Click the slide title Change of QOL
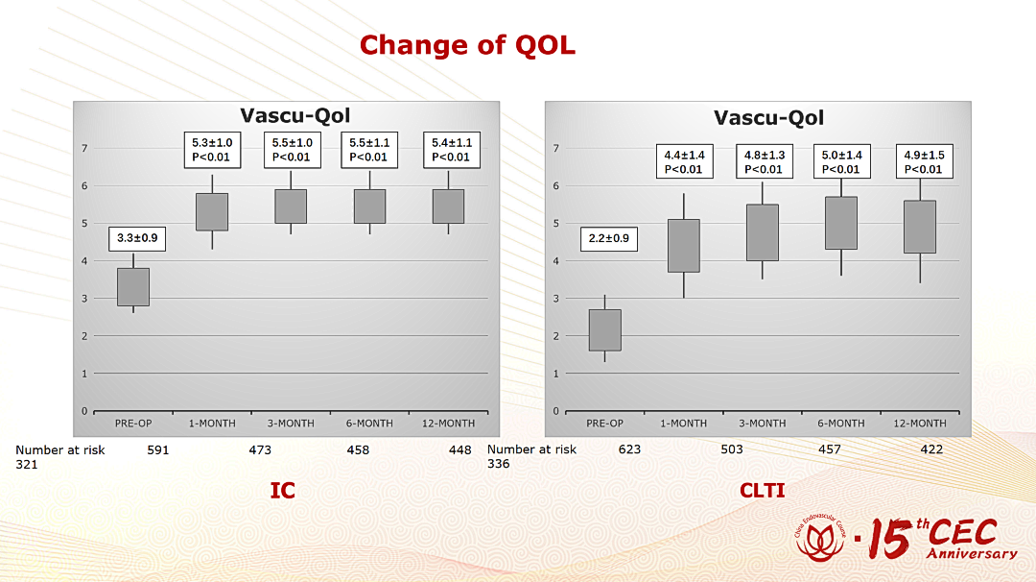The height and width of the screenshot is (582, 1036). click(467, 45)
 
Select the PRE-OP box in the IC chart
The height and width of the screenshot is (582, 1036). click(133, 287)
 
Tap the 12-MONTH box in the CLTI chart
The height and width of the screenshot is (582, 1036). click(920, 227)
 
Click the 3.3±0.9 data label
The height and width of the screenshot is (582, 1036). click(137, 238)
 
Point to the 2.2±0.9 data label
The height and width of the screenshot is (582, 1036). click(609, 238)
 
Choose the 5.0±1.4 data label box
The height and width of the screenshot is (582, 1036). click(842, 162)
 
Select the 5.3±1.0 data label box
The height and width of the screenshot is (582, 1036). click(212, 150)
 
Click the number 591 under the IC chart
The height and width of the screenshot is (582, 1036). click(158, 449)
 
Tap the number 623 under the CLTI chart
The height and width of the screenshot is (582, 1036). click(629, 449)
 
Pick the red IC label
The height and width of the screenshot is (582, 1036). click(283, 490)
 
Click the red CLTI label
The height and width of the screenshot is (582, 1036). click(763, 490)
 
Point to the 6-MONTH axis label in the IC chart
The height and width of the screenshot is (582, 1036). click(369, 424)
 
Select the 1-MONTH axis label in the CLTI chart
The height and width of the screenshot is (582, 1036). click(684, 424)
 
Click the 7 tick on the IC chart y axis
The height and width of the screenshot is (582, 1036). click(84, 148)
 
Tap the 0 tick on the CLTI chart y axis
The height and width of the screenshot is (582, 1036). click(556, 411)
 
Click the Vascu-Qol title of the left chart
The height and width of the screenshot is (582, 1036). click(294, 116)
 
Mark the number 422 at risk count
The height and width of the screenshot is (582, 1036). click(931, 449)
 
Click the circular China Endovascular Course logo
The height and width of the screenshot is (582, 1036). click(820, 538)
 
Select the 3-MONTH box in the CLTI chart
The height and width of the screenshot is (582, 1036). click(763, 232)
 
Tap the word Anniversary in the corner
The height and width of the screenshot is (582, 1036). click(972, 553)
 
